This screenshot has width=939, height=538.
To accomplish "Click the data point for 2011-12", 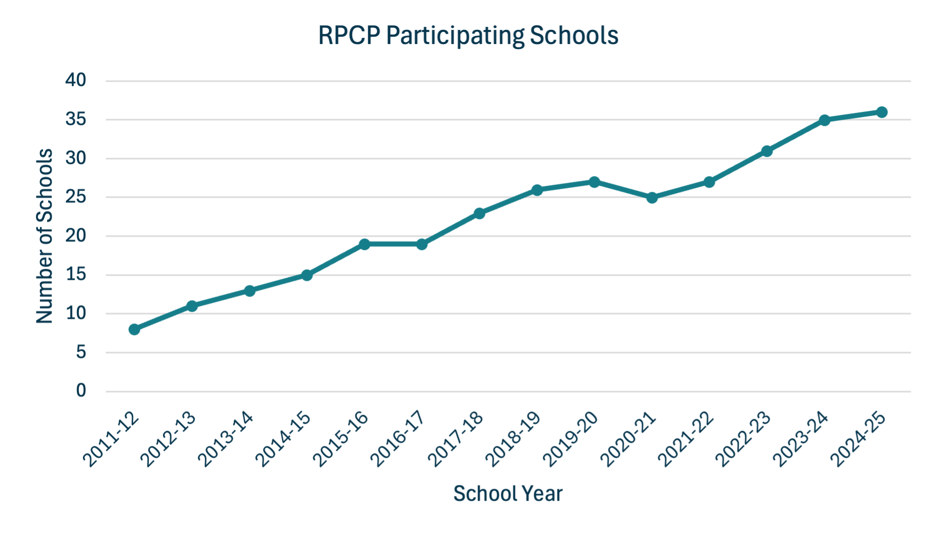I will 134,329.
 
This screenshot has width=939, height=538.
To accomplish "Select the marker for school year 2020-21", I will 652,197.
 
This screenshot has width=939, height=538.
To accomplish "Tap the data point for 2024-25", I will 881,112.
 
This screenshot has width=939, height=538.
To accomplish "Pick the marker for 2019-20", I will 594,182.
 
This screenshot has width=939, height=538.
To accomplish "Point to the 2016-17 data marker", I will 421,244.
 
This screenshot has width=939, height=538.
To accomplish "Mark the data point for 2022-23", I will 766,151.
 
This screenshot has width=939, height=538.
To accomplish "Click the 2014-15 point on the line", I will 307,275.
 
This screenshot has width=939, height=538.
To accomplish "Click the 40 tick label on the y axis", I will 75,80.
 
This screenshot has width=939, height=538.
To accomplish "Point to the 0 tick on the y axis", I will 81,391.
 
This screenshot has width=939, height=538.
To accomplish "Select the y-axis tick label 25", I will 75,197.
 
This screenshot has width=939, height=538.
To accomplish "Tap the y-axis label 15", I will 75,275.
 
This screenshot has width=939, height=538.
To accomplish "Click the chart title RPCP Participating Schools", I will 468,36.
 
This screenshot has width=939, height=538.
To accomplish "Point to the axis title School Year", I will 507,493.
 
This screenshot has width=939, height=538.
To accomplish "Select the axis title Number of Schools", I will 45,236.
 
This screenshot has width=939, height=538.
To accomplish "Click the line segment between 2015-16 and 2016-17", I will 393,244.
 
